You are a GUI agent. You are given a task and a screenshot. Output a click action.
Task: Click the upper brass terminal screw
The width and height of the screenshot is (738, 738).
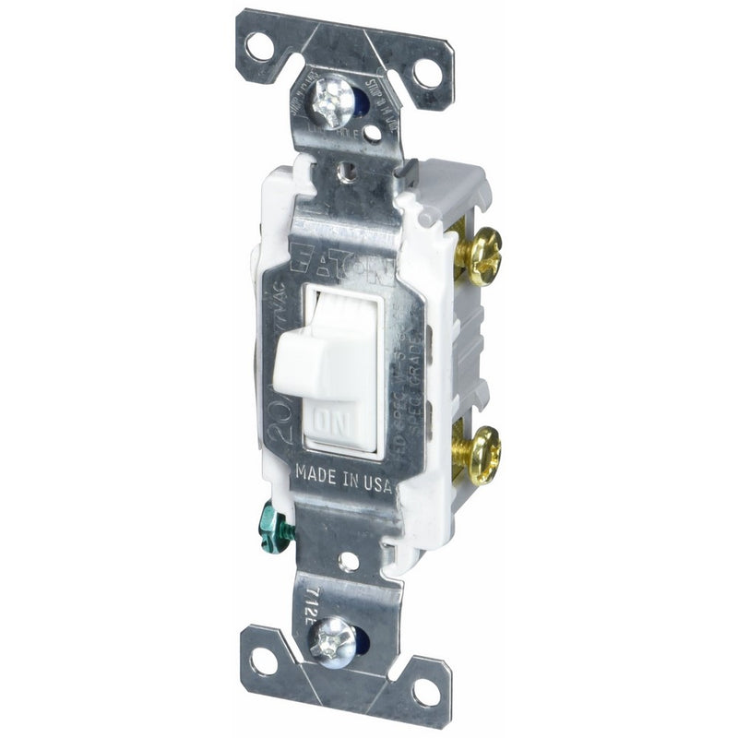coord(481,256)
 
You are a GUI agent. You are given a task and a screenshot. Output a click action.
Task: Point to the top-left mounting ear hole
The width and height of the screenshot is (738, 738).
coord(260,44)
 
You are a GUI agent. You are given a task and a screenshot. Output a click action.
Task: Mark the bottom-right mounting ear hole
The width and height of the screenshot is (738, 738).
coord(425,689)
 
